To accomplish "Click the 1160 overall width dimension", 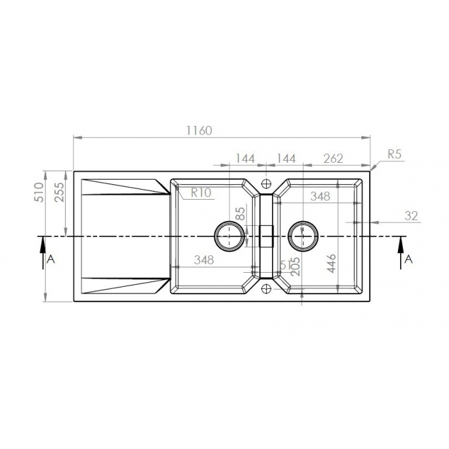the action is (x=199, y=131).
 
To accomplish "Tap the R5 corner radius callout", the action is (x=395, y=155).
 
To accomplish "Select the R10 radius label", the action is (x=201, y=193).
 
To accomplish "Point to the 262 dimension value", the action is (x=333, y=159).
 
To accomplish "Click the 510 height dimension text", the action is (x=40, y=192).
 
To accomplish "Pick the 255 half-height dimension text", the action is (x=59, y=192).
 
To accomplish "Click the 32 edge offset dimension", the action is (x=411, y=216).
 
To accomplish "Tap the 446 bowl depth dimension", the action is (x=331, y=263).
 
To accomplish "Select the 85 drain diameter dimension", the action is (x=241, y=213).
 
